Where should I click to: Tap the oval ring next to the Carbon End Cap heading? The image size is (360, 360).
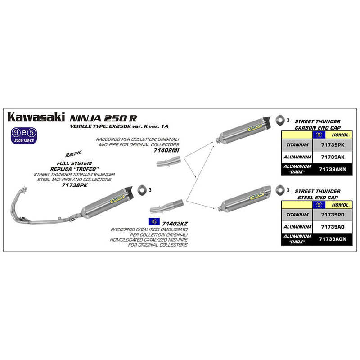[x=281, y=120]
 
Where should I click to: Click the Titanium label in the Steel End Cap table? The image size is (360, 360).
[x=296, y=215]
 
